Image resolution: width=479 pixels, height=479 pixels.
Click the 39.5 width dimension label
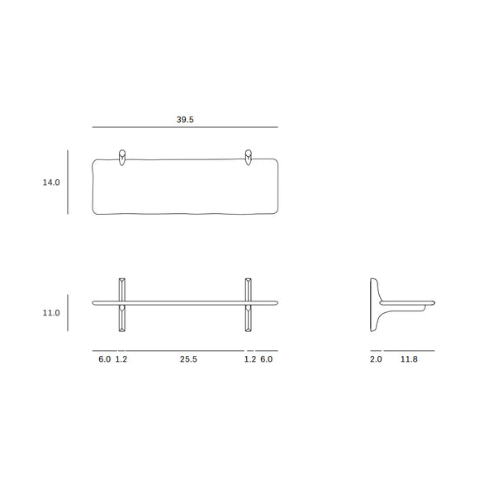[x=185, y=119]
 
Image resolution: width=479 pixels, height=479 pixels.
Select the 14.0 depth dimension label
[x=51, y=183]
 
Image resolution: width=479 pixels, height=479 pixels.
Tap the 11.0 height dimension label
[x=51, y=313]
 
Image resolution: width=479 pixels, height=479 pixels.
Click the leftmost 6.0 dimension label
[x=105, y=359]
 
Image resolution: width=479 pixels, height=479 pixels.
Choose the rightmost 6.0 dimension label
[x=266, y=359]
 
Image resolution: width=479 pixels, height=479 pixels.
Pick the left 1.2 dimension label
[x=121, y=359]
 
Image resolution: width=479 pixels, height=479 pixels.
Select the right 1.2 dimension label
[x=249, y=359]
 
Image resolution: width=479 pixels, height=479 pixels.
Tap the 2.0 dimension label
[x=376, y=359]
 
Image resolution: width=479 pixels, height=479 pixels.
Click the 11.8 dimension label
[x=408, y=359]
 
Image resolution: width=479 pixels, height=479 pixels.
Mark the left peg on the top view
[x=122, y=157]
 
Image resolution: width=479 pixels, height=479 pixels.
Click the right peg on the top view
[x=248, y=157]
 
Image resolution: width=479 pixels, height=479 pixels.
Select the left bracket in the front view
[x=122, y=303]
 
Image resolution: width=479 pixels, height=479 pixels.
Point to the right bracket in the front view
[x=248, y=303]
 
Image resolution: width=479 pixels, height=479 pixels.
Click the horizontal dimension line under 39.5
[x=185, y=127]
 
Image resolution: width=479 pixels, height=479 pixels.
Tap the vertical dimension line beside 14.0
[x=68, y=183]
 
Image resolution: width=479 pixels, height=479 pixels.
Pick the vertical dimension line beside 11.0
[x=68, y=313]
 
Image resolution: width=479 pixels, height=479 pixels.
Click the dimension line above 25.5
[x=185, y=351]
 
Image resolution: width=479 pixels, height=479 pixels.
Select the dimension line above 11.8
[x=408, y=351]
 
